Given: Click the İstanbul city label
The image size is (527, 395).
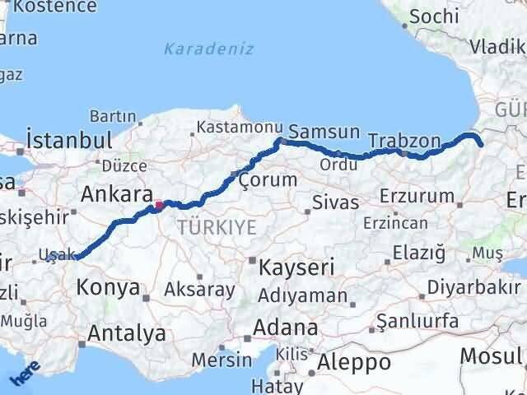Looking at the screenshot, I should (x=69, y=138).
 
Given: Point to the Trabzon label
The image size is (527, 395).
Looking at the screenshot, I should (x=404, y=141).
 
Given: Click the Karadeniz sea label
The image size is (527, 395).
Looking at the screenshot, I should (x=208, y=49).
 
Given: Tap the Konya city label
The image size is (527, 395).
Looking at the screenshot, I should (x=107, y=288).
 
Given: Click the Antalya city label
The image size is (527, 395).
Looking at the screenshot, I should (x=126, y=333).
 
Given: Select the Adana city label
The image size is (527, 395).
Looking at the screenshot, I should (x=286, y=328).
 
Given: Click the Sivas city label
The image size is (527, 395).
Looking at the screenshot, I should (x=336, y=202).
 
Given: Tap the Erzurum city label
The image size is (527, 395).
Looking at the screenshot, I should (x=417, y=197).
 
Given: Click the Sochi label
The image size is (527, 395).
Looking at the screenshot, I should (x=434, y=16).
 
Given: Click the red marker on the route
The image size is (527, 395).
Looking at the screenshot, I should (x=159, y=203).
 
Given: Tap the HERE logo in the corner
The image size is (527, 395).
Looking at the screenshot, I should (x=24, y=376).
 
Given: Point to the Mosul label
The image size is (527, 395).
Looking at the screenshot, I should (x=492, y=355).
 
